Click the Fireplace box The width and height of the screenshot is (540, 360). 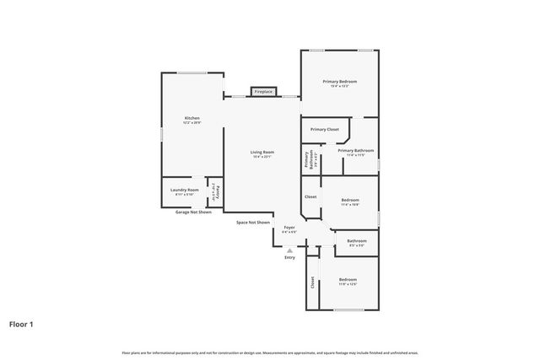pyautogui.click(x=263, y=91)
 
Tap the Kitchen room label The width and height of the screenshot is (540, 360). pyautogui.click(x=192, y=118)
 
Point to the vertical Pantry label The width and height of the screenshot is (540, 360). pyautogui.click(x=215, y=192)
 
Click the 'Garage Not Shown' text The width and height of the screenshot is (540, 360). pyautogui.click(x=192, y=212)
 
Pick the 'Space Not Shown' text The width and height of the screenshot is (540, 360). pyautogui.click(x=252, y=223)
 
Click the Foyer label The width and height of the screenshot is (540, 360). pyautogui.click(x=289, y=228)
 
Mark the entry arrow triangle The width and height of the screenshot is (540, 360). pyautogui.click(x=289, y=250)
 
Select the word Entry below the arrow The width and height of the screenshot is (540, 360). pyautogui.click(x=289, y=258)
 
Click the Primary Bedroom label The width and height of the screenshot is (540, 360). pyautogui.click(x=339, y=81)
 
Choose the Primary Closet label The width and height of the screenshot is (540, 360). pyautogui.click(x=324, y=129)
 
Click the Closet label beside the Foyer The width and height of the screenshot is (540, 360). pyautogui.click(x=310, y=196)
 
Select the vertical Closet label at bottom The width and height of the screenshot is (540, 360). pyautogui.click(x=311, y=282)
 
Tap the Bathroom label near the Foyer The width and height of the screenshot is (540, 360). pyautogui.click(x=356, y=240)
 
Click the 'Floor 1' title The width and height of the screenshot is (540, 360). pyautogui.click(x=21, y=324)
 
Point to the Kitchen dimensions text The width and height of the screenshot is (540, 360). pyautogui.click(x=192, y=123)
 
